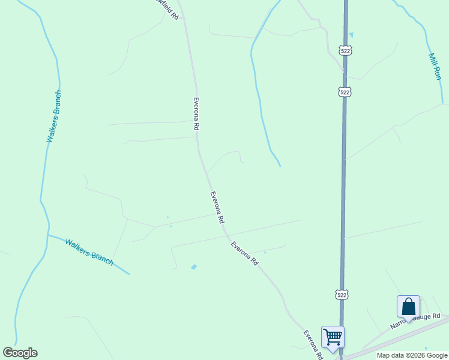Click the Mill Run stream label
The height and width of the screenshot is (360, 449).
tap(435, 66)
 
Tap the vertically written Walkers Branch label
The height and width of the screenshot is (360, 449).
tap(54, 116)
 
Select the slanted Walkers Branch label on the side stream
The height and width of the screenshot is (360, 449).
tap(89, 252)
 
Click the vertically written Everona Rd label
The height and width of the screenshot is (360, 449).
tap(196, 114)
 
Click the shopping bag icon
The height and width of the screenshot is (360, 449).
tap(409, 307)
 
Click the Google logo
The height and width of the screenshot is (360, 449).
tap(20, 353)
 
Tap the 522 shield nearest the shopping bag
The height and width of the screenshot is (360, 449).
tap(342, 295)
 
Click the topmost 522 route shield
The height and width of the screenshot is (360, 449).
tap(345, 51)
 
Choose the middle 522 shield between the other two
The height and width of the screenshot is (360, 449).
tap(344, 92)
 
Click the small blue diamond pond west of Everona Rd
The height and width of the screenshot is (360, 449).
tap(193, 266)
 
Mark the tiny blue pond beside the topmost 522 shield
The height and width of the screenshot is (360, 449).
tap(351, 35)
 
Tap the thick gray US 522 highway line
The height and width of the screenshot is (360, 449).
tap(344, 180)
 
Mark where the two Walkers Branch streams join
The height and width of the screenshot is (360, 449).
tap(47, 235)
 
